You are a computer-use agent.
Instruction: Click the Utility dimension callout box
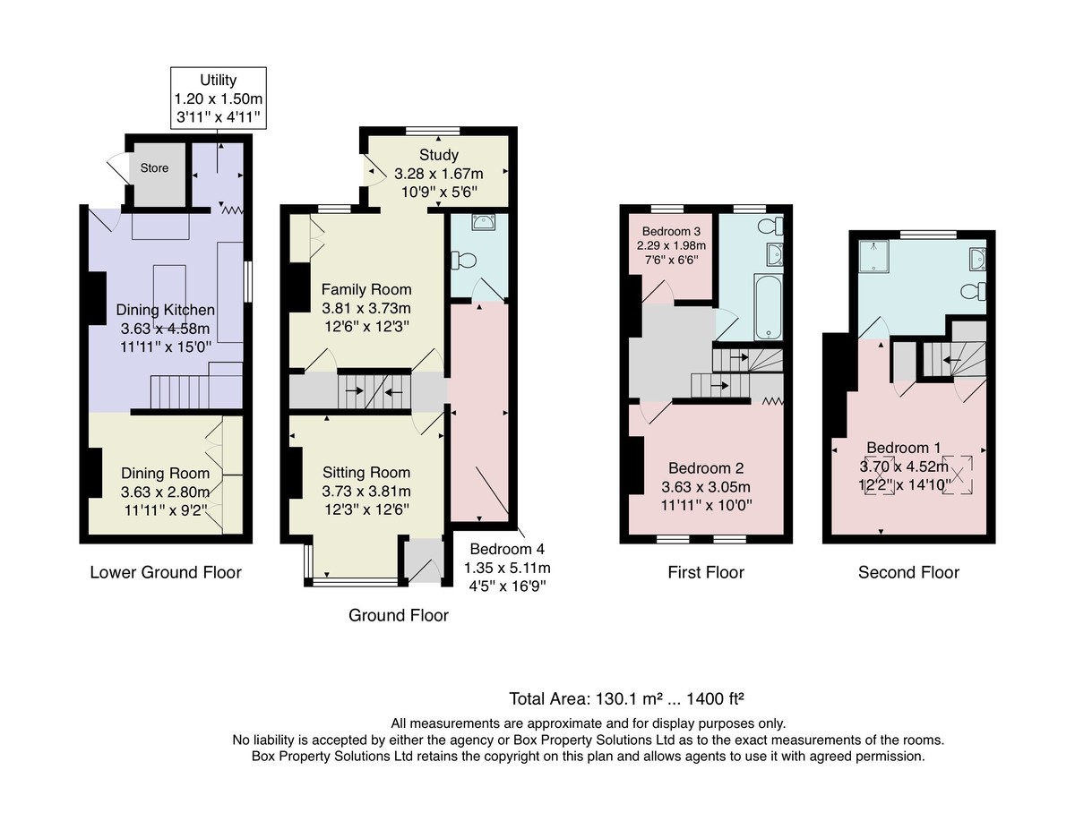pos(219,98)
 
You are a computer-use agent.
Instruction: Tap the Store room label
pos(154,168)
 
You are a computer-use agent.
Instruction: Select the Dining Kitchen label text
pos(166,310)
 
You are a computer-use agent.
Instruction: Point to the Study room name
pos(439,155)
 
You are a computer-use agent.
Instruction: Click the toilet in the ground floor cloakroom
pos(463,261)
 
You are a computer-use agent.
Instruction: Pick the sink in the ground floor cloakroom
pos(484,222)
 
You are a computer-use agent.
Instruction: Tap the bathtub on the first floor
pos(768,307)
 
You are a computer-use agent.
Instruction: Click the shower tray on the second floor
pos(874,256)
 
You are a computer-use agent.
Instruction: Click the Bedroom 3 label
pos(671,231)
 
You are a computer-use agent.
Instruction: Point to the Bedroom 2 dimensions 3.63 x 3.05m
pos(706,487)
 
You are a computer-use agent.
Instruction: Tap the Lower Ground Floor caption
pos(166,572)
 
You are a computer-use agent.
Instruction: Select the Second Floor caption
pos(908,572)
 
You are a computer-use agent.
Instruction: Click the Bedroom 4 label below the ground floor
pos(507,549)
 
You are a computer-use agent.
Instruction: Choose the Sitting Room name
pos(366,473)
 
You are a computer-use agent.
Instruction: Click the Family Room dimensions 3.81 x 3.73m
pos(366,308)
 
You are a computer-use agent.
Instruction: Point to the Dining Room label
pos(165,474)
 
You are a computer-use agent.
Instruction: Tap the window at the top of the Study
pos(433,131)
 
